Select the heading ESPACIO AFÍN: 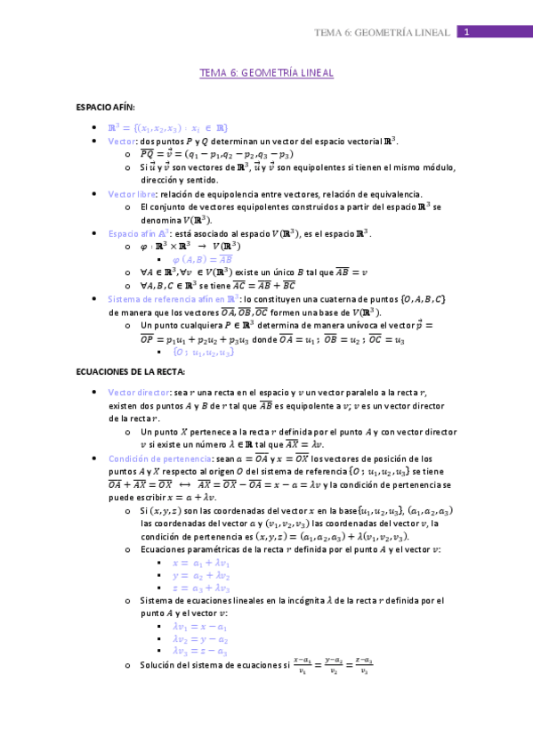pyautogui.click(x=105, y=107)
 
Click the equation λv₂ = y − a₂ pyautogui.click(x=200, y=640)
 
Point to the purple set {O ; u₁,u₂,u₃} pyautogui.click(x=204, y=353)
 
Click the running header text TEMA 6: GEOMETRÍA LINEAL pyautogui.click(x=383, y=33)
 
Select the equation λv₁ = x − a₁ pyautogui.click(x=200, y=627)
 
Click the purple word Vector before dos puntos pyautogui.click(x=122, y=141)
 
